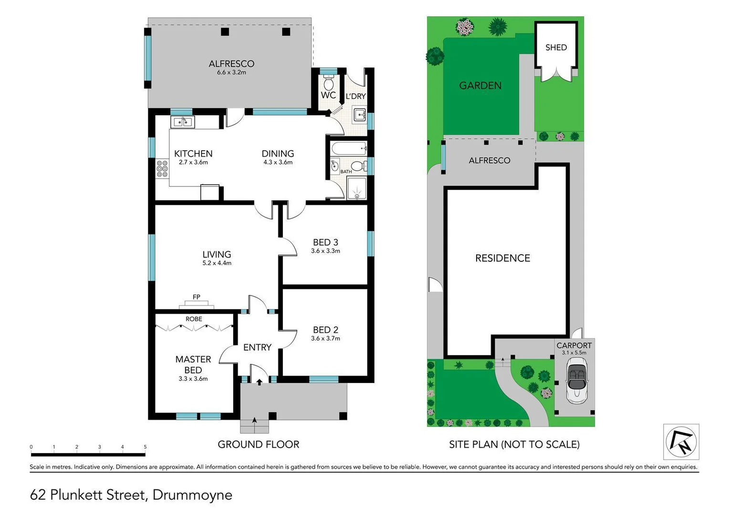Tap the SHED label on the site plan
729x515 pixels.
point(556,47)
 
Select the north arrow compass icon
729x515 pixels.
point(681,442)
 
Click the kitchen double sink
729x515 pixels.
point(182,122)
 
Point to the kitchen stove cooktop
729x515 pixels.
point(162,169)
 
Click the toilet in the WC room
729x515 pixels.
point(328,83)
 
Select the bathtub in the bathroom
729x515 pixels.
point(348,148)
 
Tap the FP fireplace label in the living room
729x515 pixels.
point(196,297)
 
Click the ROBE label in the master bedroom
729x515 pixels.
point(194,319)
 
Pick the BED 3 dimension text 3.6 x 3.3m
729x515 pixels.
point(325,251)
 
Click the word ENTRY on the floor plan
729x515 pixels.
point(257,347)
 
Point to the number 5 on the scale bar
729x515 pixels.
point(145,447)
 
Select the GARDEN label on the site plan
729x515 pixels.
point(480,85)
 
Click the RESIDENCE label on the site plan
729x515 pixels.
point(502,258)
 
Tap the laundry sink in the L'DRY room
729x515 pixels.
point(359,115)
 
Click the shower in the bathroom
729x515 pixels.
point(356,188)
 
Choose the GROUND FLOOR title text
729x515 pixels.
point(258,444)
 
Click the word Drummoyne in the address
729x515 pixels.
point(192,495)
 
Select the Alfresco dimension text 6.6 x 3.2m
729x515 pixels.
point(231,72)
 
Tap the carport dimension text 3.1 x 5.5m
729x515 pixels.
point(574,353)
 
